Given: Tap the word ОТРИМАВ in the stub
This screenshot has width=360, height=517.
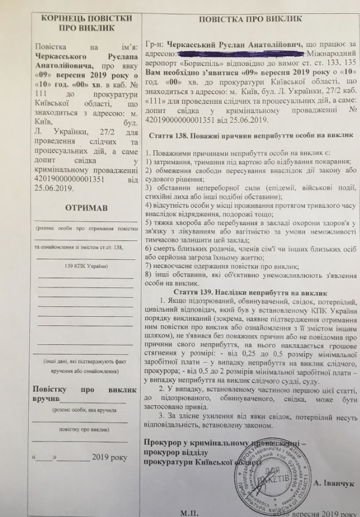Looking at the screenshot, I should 85,207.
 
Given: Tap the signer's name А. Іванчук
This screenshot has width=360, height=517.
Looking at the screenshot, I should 335,483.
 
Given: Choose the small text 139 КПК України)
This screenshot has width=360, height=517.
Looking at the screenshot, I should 85,267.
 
